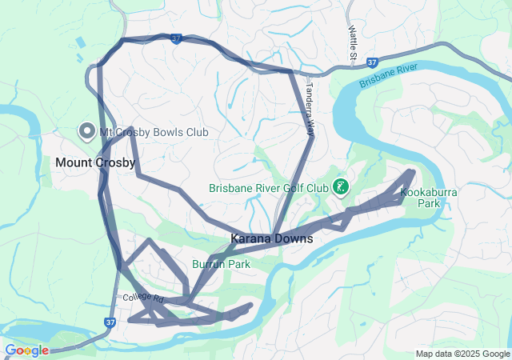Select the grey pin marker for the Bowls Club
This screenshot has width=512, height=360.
click(86, 131)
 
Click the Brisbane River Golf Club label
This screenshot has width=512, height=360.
click(268, 189)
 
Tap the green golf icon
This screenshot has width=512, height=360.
click(342, 188)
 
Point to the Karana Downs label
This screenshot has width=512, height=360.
click(271, 238)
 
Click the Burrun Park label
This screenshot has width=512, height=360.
click(221, 264)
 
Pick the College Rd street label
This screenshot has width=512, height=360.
click(143, 298)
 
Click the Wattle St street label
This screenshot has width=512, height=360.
click(352, 42)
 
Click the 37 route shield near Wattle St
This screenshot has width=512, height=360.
click(372, 62)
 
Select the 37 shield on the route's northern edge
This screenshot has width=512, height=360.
click(177, 38)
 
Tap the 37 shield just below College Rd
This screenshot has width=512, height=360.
click(110, 322)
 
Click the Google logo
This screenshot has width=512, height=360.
click(26, 350)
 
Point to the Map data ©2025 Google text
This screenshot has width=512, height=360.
click(462, 354)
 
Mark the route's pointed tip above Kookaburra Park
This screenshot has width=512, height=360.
click(413, 171)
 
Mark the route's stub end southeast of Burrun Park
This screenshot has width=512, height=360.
click(250, 305)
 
